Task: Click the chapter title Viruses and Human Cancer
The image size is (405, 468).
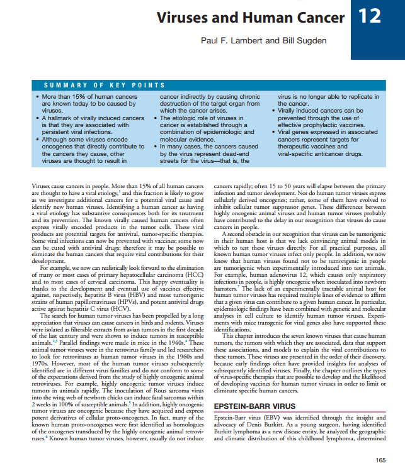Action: (251, 18)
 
